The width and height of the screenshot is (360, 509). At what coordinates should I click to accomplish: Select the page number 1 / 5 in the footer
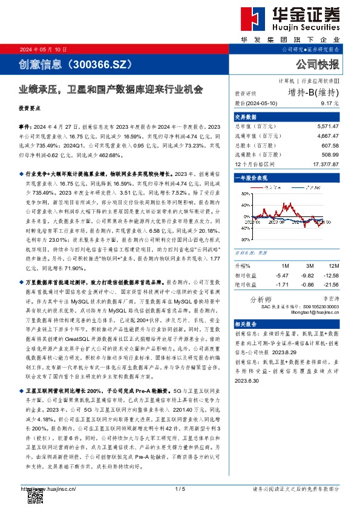179,488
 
